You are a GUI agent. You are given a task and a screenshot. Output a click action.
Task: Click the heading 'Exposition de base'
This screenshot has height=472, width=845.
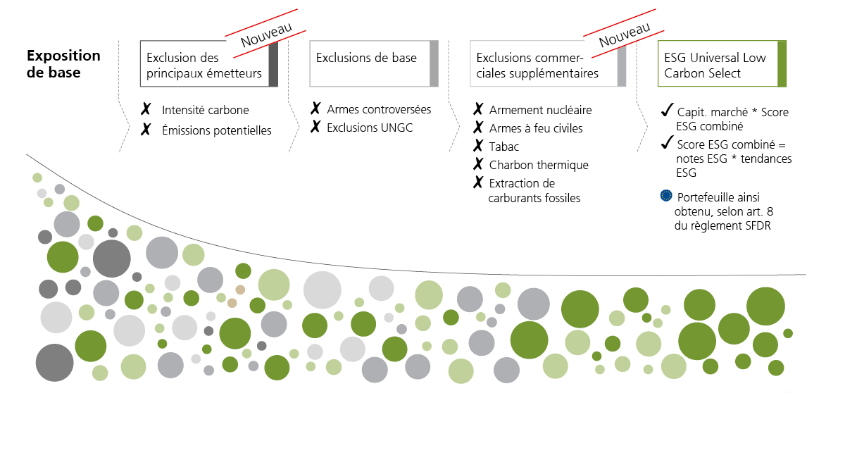tap(63, 63)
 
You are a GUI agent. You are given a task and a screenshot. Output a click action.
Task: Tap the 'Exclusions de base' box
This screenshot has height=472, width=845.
tap(373, 63)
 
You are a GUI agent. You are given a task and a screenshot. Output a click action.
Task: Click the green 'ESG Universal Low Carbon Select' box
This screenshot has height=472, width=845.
tap(721, 65)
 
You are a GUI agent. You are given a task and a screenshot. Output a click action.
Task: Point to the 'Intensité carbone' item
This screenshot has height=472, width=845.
tap(205, 110)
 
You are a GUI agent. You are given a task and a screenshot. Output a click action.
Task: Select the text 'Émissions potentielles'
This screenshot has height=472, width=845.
tap(216, 130)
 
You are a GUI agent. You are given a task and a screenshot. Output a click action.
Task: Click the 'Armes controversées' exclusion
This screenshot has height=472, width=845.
tap(379, 109)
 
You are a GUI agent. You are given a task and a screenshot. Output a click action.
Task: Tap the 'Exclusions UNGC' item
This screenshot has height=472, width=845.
tap(370, 128)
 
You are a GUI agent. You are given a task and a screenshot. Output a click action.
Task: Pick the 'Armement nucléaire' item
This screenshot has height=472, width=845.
tap(540, 110)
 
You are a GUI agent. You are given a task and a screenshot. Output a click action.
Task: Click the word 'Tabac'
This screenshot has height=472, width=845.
tap(504, 147)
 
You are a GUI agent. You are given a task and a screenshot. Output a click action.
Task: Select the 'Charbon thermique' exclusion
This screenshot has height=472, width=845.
tap(539, 165)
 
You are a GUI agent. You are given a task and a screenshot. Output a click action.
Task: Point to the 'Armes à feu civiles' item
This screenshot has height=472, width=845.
tap(536, 128)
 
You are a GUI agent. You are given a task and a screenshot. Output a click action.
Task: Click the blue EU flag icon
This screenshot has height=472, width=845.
tap(666, 196)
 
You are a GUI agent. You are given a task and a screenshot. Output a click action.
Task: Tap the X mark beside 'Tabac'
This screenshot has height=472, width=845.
tap(478, 147)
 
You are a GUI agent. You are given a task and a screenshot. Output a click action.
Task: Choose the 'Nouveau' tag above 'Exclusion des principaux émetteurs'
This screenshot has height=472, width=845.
tap(266, 33)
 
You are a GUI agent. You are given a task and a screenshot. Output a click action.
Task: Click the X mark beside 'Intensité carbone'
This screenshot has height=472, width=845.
tap(146, 110)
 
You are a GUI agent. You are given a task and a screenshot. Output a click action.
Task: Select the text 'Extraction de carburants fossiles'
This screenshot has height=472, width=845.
tap(534, 191)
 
